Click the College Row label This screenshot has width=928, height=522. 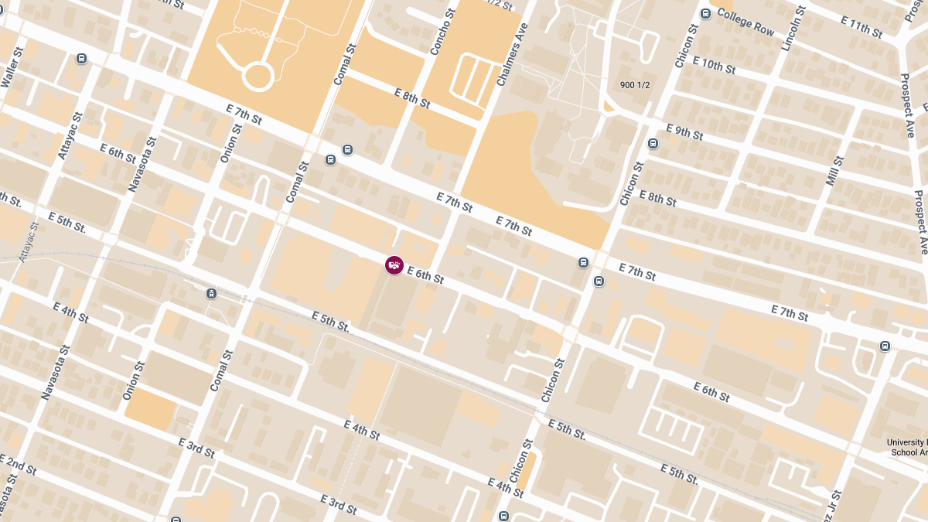(745, 23)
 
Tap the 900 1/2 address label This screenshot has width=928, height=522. (634, 84)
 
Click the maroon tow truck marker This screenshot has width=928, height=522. (394, 265)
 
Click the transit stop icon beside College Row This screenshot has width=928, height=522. (705, 14)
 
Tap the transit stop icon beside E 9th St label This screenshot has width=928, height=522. (653, 143)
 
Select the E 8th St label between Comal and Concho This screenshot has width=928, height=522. (411, 97)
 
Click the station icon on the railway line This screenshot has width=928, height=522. (211, 293)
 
